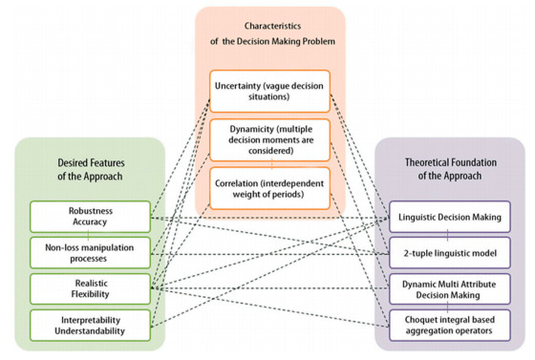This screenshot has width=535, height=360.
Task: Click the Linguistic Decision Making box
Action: point(448,218)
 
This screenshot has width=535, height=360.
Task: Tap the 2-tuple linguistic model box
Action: point(448,251)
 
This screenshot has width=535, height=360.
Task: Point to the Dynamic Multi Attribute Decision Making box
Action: point(448,286)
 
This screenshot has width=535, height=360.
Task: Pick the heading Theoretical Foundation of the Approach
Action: point(449,169)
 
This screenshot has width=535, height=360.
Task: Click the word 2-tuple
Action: point(412,251)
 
